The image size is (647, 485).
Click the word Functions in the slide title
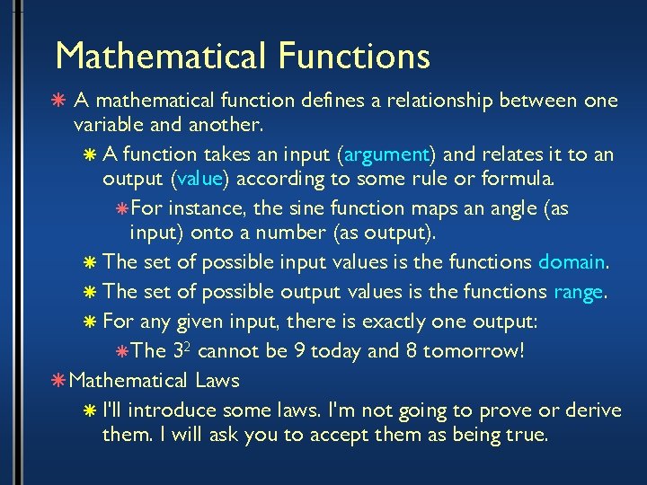tap(354, 56)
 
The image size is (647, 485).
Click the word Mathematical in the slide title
tap(160, 56)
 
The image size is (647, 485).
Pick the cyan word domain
tap(572, 262)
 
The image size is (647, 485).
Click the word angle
tap(512, 208)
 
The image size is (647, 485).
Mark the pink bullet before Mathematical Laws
tap(59, 381)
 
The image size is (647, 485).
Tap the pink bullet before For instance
tap(122, 208)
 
